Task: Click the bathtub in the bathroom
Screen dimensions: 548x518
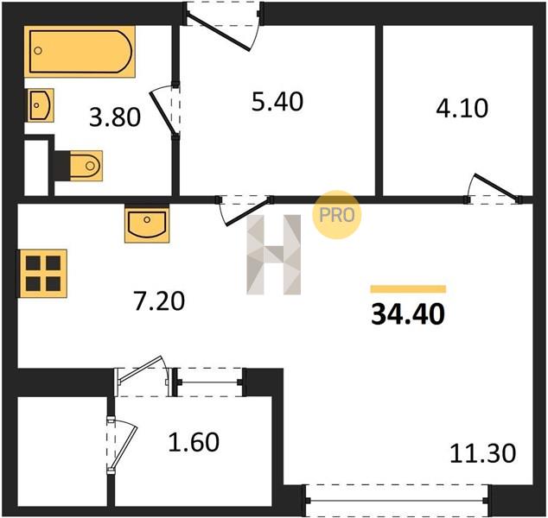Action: point(80,51)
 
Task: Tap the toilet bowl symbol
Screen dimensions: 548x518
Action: point(86,166)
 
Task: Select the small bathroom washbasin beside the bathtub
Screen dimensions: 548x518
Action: point(40,105)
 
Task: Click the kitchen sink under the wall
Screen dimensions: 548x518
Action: point(147,224)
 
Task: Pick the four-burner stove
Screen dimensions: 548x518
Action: point(43,274)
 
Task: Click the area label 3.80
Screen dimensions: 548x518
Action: point(115,117)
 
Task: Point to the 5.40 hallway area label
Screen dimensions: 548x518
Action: point(277,102)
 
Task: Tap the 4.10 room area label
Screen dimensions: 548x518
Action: point(462,108)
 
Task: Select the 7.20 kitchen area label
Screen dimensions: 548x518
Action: point(159,301)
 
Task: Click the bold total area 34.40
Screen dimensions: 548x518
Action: point(408,313)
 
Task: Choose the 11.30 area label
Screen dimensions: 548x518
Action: point(482,453)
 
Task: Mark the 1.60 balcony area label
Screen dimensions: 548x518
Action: point(194,442)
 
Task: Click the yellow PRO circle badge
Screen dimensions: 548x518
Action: point(336,215)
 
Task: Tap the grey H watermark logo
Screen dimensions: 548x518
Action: point(274,255)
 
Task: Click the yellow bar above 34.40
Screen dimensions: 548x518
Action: point(408,289)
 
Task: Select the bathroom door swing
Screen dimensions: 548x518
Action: point(165,111)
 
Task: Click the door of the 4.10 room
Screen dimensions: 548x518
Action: point(494,189)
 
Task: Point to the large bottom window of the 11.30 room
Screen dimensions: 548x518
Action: point(397,500)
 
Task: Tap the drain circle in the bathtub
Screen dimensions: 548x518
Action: point(38,51)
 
